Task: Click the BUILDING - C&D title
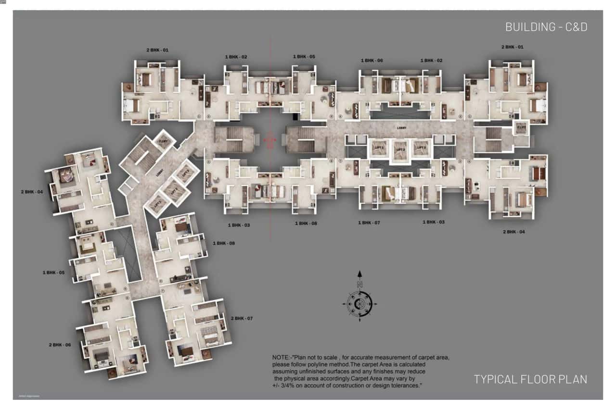click(x=546, y=27)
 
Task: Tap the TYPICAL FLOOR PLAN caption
click(x=530, y=379)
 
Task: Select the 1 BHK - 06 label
click(x=372, y=61)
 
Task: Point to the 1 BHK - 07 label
click(x=369, y=223)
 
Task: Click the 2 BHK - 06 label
click(x=60, y=345)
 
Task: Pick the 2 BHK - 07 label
click(x=242, y=318)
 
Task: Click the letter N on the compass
click(x=359, y=285)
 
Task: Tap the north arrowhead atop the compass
click(x=359, y=274)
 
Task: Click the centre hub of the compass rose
click(x=359, y=304)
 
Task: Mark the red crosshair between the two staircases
click(x=270, y=139)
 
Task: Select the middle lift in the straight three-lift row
click(x=400, y=149)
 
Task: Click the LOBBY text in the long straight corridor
click(x=401, y=128)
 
